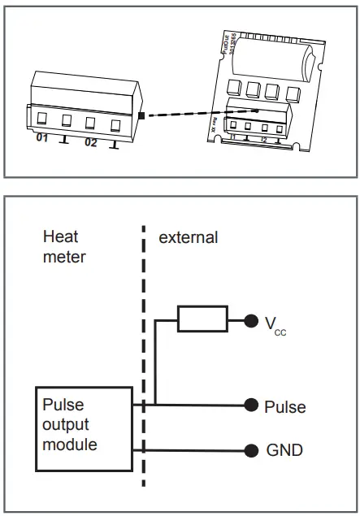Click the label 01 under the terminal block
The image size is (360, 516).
42,140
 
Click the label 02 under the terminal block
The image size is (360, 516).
90,143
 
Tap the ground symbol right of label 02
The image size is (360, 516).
115,145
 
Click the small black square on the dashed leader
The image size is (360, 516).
141,116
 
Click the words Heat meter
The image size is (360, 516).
64,246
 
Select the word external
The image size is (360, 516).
188,237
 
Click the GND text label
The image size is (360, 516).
284,449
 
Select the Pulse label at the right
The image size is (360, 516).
284,405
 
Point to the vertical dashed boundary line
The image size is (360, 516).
145,358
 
